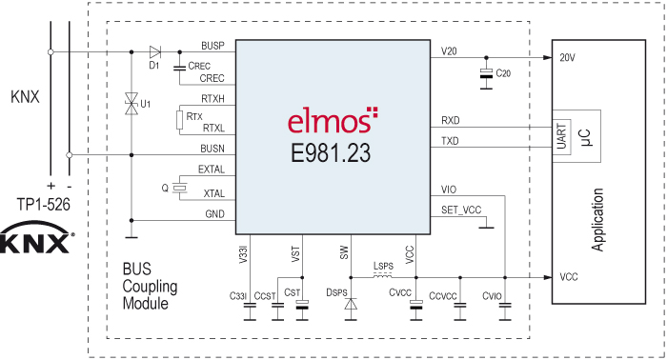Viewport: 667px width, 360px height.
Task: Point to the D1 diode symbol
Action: point(154,51)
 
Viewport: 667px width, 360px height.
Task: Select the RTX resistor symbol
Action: point(178,118)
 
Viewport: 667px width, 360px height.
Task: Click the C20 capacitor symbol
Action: point(488,73)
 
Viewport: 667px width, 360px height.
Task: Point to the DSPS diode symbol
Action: point(351,305)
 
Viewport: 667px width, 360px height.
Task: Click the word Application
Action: point(598,218)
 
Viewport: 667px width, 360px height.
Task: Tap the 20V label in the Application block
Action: point(569,57)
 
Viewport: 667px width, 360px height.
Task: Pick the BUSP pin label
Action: point(212,46)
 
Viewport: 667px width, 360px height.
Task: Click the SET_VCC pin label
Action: point(460,210)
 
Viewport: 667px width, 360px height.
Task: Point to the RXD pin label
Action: point(450,120)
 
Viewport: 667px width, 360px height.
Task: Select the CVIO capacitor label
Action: point(493,296)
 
